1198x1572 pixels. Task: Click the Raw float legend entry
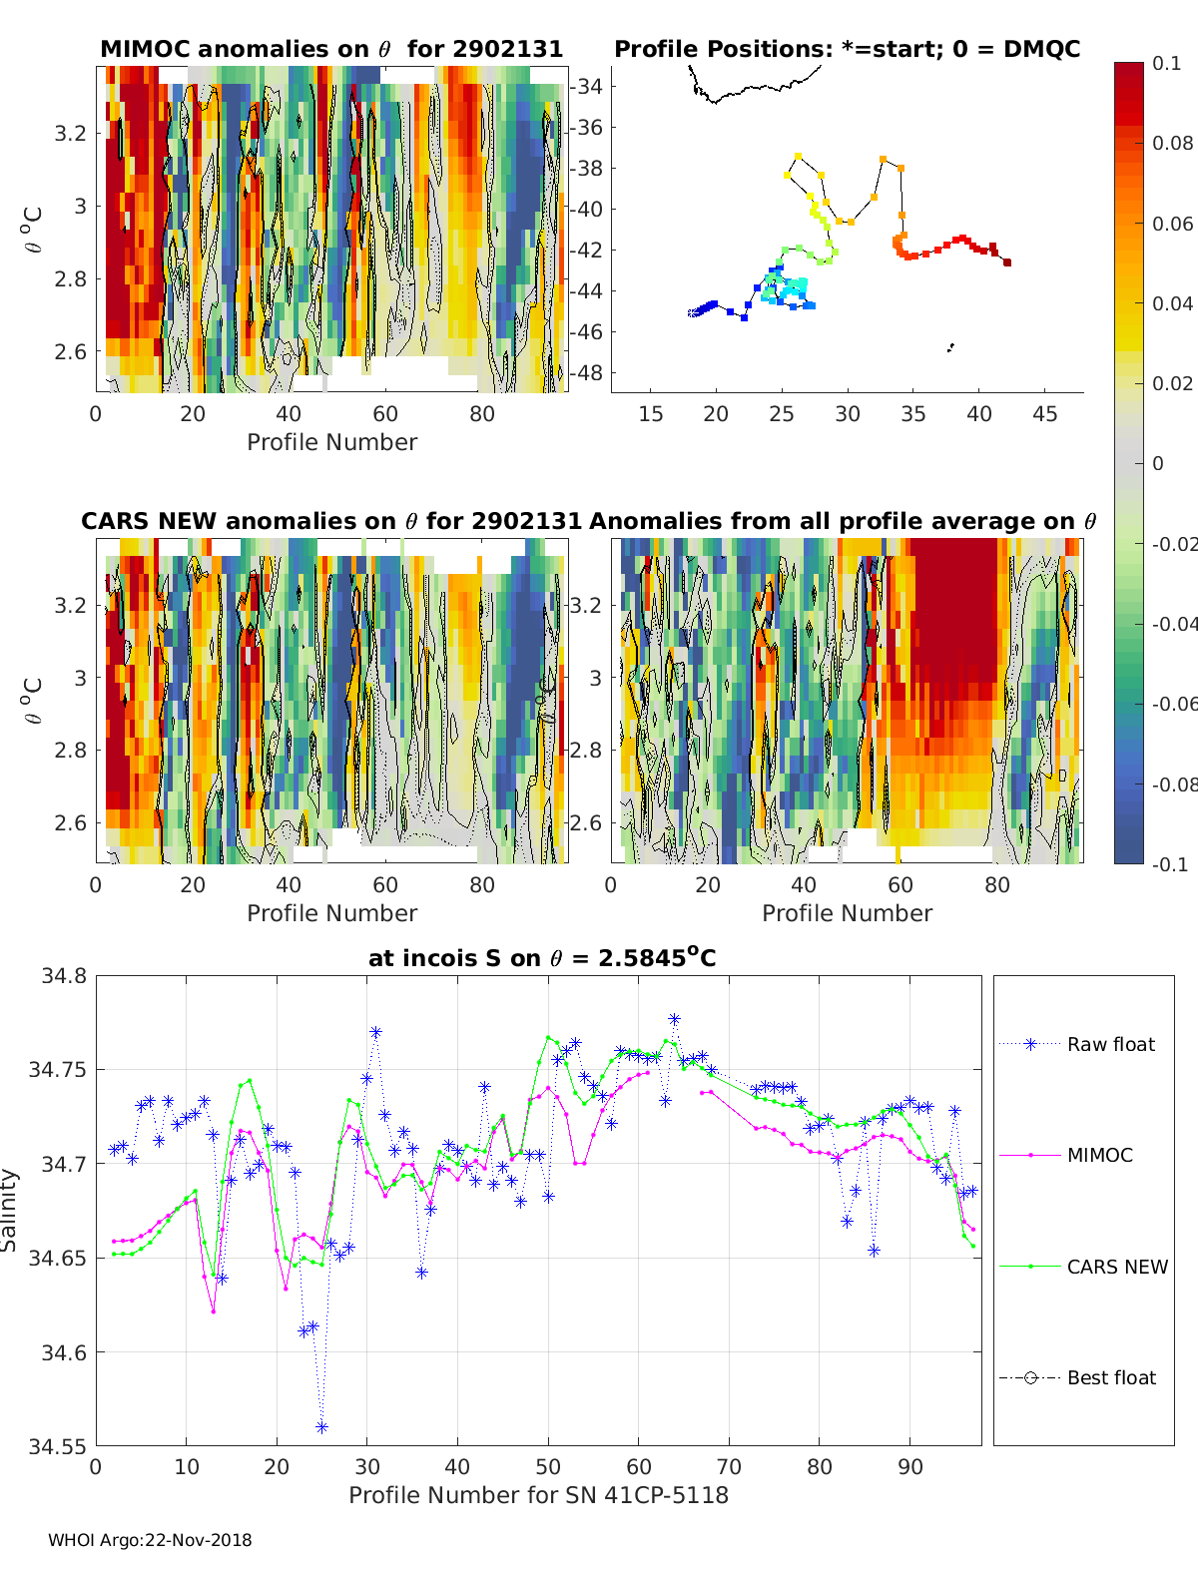(x=1077, y=1045)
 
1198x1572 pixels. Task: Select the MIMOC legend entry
(x=1066, y=1155)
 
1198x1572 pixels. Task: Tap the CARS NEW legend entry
(x=1083, y=1267)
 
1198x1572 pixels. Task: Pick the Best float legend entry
(x=1077, y=1378)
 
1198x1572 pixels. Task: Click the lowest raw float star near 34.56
(x=321, y=1427)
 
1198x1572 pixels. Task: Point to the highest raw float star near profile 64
(x=674, y=1019)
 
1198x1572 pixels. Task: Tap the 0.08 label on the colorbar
(x=1172, y=144)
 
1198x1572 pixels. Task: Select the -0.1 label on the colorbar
(x=1170, y=864)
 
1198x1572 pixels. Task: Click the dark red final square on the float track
(x=1006, y=262)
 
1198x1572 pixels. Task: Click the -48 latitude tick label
(x=586, y=373)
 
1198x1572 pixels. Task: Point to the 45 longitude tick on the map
(x=1045, y=414)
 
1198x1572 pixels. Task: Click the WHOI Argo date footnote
(x=150, y=1540)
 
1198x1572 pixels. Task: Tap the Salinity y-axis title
(x=9, y=1211)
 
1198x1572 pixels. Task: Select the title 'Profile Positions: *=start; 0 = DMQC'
(x=848, y=49)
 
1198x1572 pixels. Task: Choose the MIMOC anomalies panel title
(x=331, y=49)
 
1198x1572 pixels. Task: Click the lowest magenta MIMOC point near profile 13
(x=214, y=1311)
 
